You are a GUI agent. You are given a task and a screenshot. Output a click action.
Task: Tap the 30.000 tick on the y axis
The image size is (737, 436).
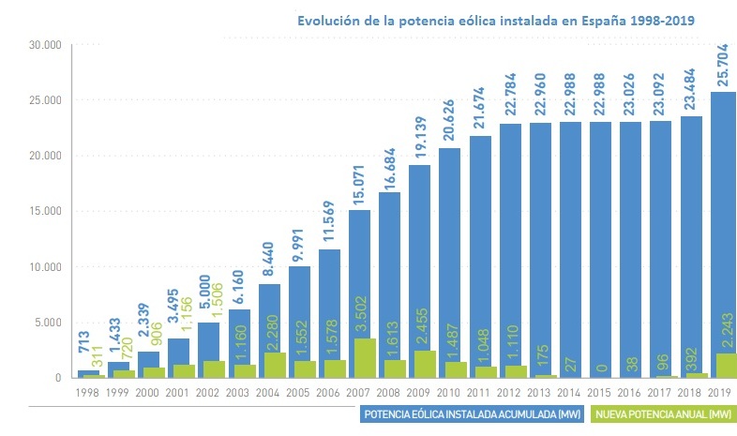coord(45,45)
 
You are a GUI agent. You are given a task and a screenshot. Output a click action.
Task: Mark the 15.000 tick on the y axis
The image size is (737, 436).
coord(45,211)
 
